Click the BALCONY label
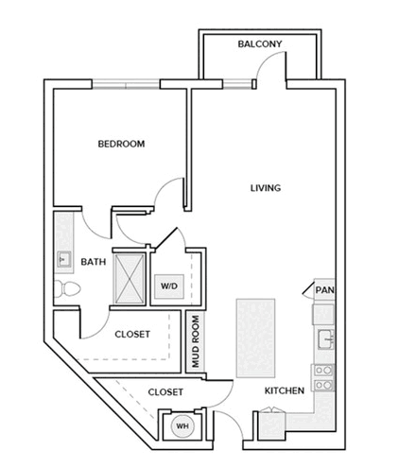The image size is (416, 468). tap(260, 43)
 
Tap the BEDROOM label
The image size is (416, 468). tap(121, 144)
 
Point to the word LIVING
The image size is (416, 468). tap(266, 188)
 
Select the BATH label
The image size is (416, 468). tap(94, 262)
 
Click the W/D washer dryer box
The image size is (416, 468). tap(169, 286)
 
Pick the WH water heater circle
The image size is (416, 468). tap(182, 426)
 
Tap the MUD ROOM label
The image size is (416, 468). tap(196, 341)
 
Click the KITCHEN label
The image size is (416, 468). tap(285, 390)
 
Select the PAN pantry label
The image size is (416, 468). tap(324, 290)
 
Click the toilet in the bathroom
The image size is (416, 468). tap(67, 288)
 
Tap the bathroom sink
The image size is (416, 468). tap(63, 259)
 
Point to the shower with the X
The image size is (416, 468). tap(130, 279)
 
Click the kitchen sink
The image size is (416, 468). tap(325, 339)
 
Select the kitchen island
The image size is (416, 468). tap(255, 338)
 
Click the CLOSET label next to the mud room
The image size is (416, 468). tap(132, 335)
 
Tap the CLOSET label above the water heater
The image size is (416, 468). tap(165, 392)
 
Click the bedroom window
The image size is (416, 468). tap(126, 84)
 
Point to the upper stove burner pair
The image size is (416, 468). tap(324, 370)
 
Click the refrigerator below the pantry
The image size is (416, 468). tap(323, 314)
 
